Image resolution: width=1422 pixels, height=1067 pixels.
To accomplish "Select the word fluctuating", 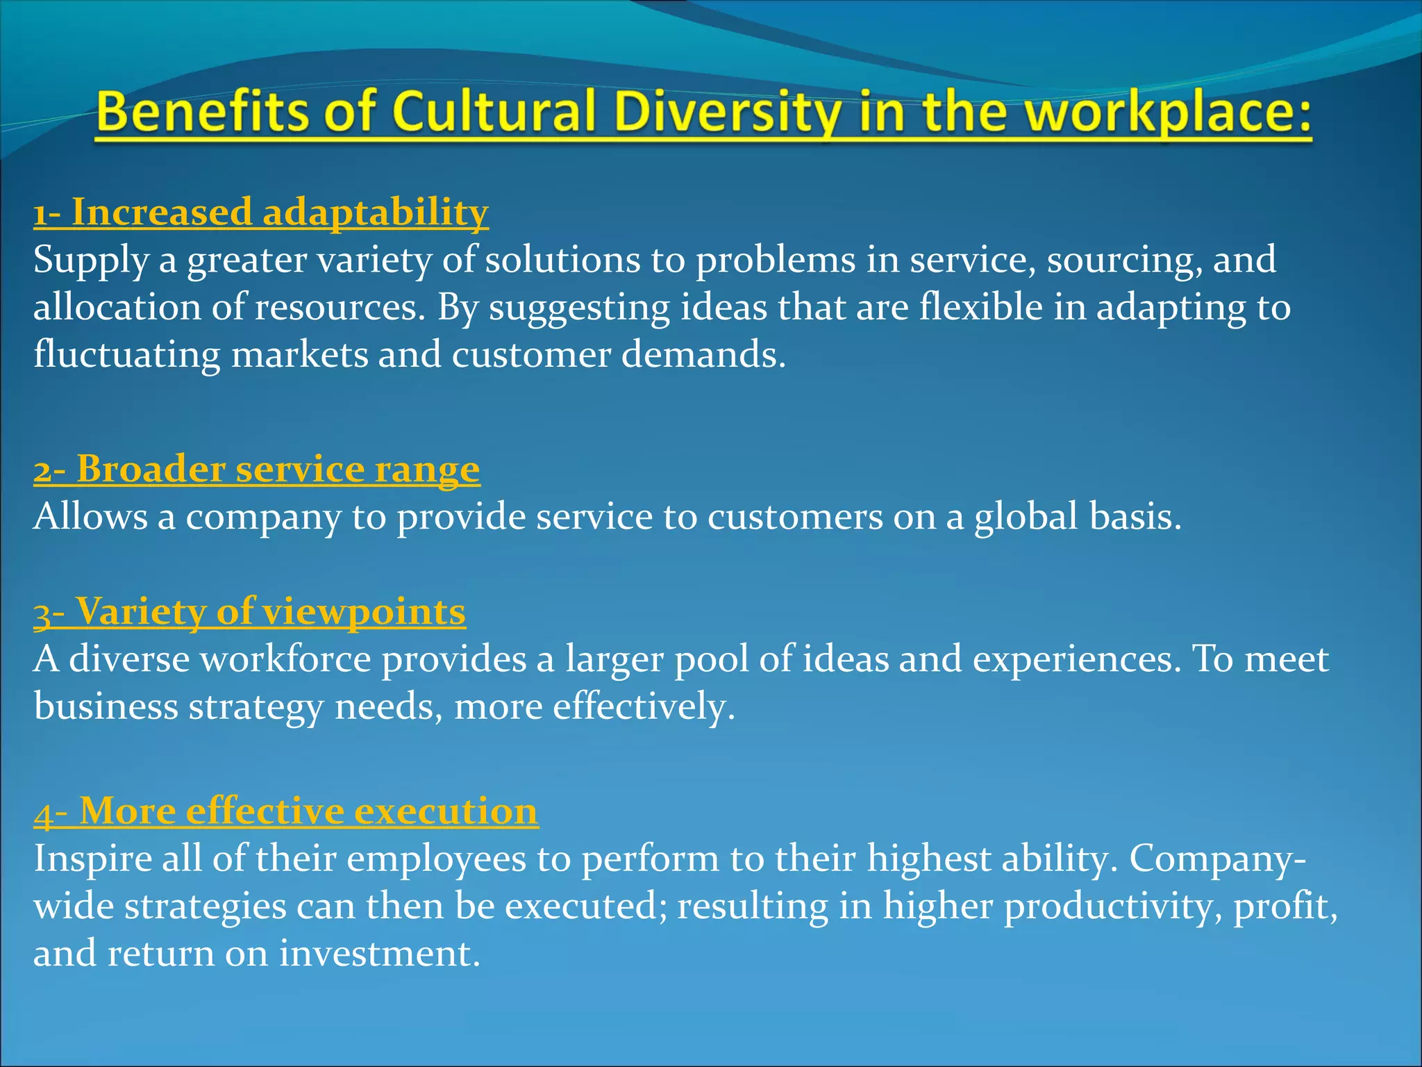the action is pyautogui.click(x=127, y=355).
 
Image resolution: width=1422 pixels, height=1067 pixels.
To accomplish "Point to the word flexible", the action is pyautogui.click(x=981, y=306).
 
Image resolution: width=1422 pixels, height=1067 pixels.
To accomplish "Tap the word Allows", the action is pyautogui.click(x=90, y=517).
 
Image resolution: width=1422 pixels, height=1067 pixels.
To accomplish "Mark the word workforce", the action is pyautogui.click(x=286, y=659).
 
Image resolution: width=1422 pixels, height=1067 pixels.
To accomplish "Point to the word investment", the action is pyautogui.click(x=380, y=953).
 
